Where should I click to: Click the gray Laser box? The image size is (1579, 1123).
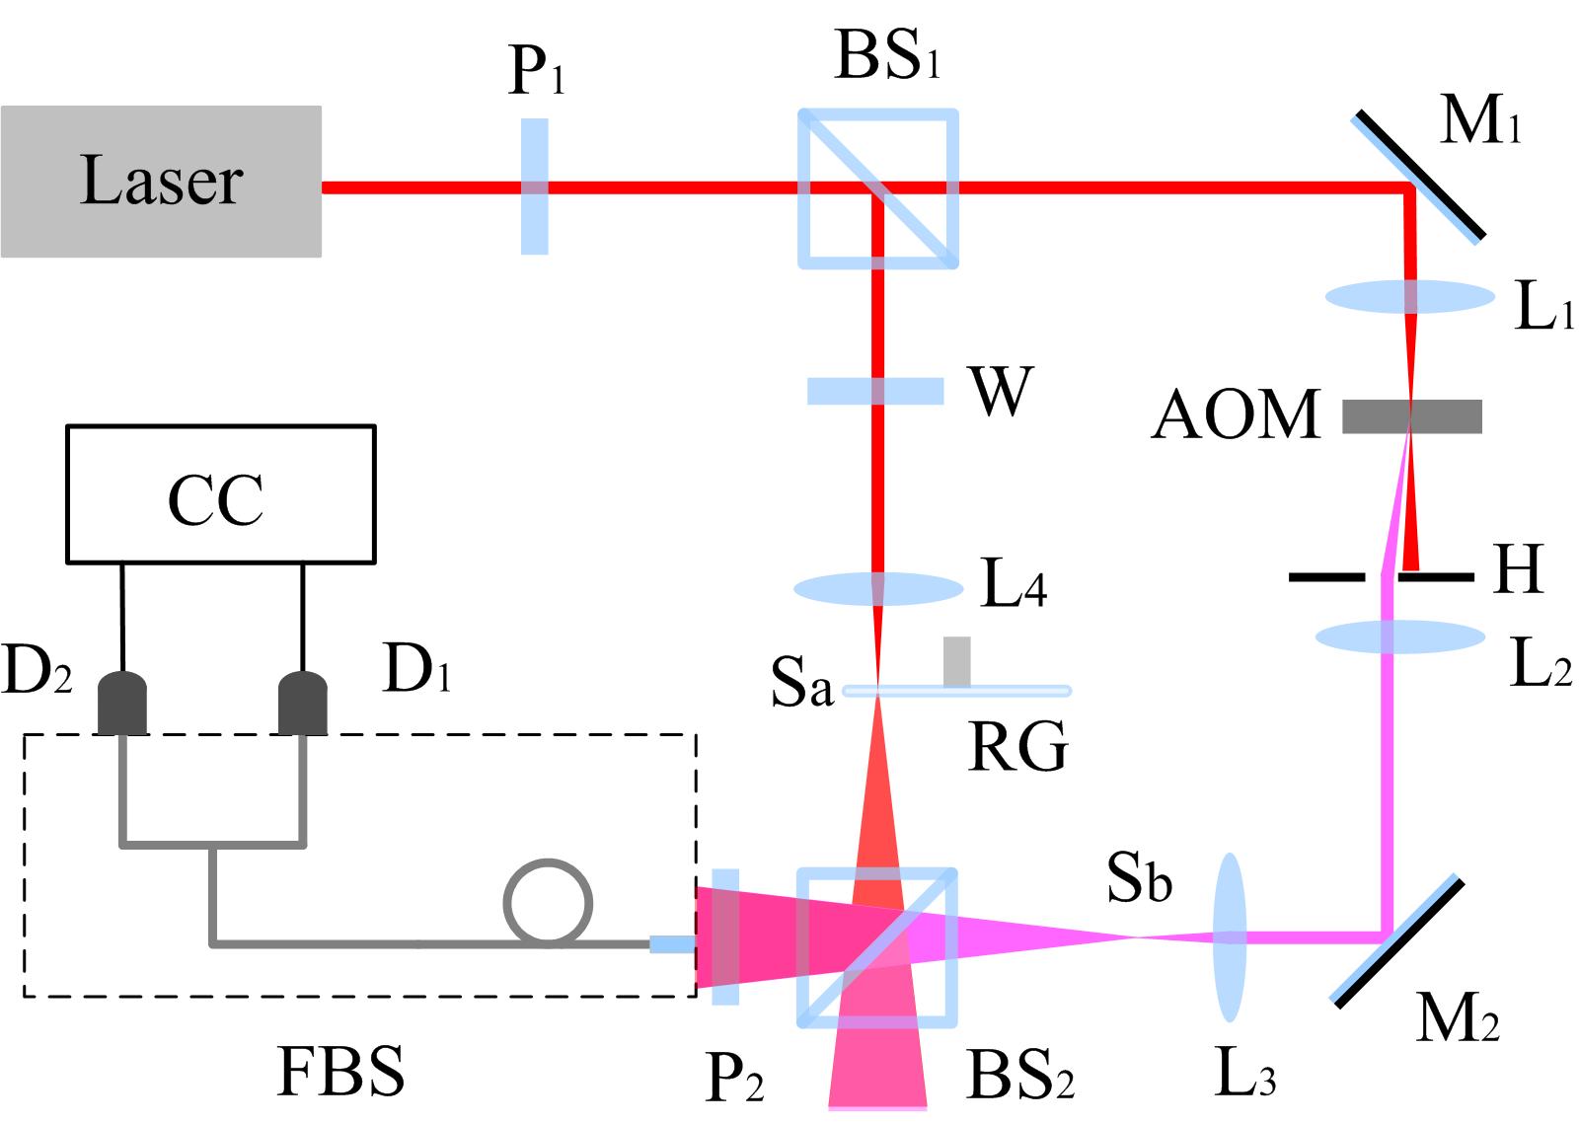pos(161,182)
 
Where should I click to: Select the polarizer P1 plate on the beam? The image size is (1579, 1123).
pos(534,187)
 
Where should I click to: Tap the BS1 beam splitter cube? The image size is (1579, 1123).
pos(877,188)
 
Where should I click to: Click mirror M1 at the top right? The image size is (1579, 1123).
pos(1416,177)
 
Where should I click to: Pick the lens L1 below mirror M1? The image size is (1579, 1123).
pos(1409,296)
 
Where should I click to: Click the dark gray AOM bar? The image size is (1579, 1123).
pos(1412,416)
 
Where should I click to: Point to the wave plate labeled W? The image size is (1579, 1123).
pos(875,391)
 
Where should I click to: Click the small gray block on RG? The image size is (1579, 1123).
pos(956,661)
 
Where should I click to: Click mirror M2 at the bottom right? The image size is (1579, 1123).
pos(1397,940)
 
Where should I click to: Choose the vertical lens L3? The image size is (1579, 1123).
pos(1229,936)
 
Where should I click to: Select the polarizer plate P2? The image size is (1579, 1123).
pos(724,936)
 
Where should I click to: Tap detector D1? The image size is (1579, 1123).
pos(302,704)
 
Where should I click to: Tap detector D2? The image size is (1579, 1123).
pos(122,704)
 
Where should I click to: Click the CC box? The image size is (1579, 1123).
pos(220,494)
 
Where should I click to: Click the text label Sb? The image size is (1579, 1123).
pos(1138,879)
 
